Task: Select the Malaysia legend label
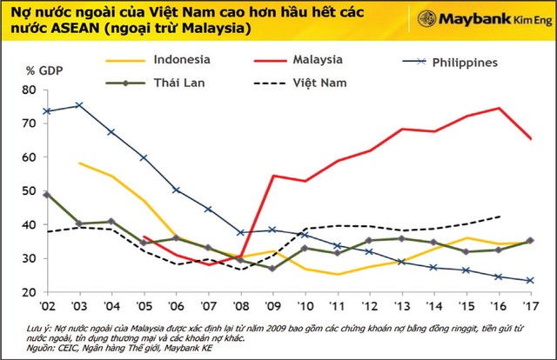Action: pyautogui.click(x=335, y=61)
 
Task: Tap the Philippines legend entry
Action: pyautogui.click(x=480, y=63)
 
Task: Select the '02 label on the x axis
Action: pyautogui.click(x=45, y=308)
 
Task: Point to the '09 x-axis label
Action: pyautogui.click(x=272, y=308)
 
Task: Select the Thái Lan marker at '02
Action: pyautogui.click(x=45, y=195)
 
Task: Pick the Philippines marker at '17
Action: pyautogui.click(x=530, y=280)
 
